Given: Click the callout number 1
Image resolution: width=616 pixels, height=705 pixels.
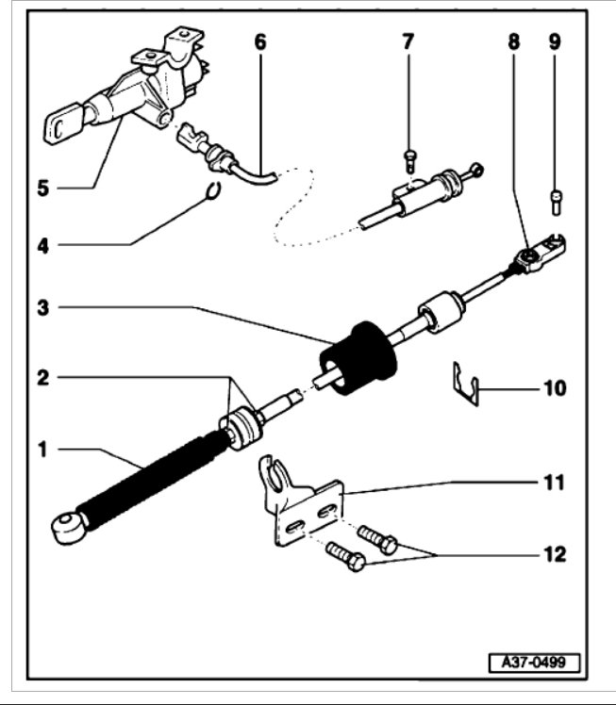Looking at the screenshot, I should pos(42,450).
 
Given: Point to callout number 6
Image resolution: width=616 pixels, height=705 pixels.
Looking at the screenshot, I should pos(260,41).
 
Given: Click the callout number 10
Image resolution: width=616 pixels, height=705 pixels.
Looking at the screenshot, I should pos(555,386).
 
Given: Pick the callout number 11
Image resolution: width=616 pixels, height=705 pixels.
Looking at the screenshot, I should pos(555,483).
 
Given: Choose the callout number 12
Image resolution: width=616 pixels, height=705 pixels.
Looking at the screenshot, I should pos(555,553).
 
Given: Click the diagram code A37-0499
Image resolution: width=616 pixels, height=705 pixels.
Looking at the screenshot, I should pos(533,663).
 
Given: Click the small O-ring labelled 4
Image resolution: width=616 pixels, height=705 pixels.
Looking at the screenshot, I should pos(215,190).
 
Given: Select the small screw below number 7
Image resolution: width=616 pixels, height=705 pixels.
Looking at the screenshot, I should pos(409,159).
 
